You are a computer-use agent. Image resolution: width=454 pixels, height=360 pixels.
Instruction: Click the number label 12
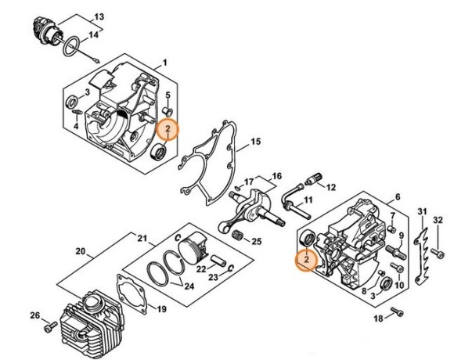coord(330,188)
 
